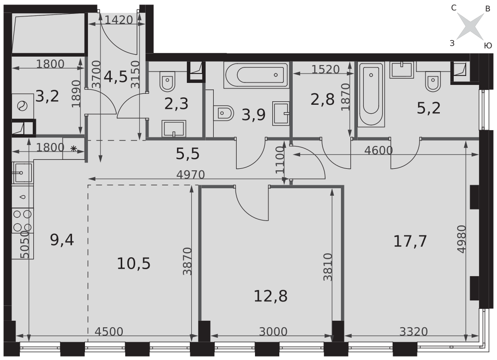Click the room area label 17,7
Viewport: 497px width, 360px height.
pos(410,241)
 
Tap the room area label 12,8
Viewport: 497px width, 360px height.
pos(271,296)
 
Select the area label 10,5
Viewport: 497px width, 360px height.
pos(134,264)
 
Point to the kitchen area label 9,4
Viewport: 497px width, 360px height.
pos(62,240)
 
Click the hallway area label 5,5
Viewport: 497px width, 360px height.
pos(188,154)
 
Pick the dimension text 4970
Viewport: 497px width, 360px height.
pos(190,174)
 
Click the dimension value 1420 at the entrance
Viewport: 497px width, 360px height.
pos(119,20)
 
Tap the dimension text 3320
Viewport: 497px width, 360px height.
pos(414,332)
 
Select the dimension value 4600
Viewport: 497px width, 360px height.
pos(378,150)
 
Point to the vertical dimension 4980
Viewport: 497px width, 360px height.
pos(462,239)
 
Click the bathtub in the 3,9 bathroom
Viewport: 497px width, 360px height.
pos(256,75)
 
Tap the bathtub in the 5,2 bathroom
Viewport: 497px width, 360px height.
pos(371,94)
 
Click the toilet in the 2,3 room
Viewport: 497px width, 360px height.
pos(167,81)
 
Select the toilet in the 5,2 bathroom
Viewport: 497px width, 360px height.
pos(433,82)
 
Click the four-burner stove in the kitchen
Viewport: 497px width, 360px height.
pos(22,220)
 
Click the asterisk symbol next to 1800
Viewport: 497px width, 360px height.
pos(74,148)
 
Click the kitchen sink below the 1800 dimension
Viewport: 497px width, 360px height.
pos(23,173)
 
